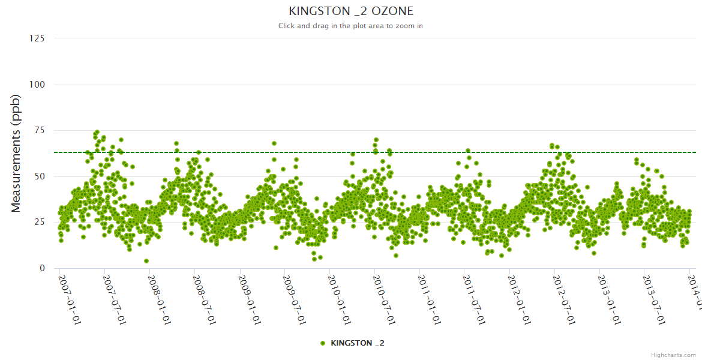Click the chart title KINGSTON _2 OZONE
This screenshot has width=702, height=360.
351,11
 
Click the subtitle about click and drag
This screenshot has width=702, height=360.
351,26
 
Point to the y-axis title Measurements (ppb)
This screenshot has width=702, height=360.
16,153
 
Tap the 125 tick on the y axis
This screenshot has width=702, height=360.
37,38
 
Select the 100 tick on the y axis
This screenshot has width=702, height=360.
37,85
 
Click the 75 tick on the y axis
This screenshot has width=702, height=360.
39,130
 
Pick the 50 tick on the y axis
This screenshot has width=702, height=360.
39,176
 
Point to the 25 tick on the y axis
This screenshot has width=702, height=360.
39,223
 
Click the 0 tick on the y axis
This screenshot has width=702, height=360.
41,268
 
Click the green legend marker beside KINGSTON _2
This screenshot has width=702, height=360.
323,343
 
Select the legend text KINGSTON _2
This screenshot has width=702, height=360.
358,343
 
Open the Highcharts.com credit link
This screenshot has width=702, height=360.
674,355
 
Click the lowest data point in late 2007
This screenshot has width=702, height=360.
146,261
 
